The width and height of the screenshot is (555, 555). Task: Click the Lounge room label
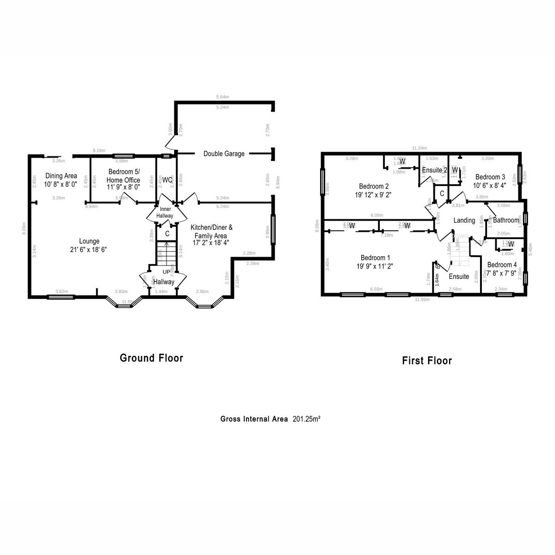point(89,241)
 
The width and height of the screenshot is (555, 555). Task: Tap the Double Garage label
point(224,154)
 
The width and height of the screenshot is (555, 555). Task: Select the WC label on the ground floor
point(167,179)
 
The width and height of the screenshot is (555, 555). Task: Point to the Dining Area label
point(61,176)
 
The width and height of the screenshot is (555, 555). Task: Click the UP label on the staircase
point(166,271)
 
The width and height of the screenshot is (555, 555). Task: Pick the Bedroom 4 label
point(502,265)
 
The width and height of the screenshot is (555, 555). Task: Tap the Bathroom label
point(506,220)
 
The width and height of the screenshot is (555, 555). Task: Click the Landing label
point(464,221)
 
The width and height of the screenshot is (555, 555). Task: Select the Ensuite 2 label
point(434,170)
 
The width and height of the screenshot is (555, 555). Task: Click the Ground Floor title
point(151,358)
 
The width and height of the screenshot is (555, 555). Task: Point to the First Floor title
point(426,361)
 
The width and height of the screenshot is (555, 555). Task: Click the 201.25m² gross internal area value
point(307,419)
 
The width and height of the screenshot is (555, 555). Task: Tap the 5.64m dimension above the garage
point(222,97)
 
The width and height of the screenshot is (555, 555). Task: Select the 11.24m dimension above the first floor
point(419,148)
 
